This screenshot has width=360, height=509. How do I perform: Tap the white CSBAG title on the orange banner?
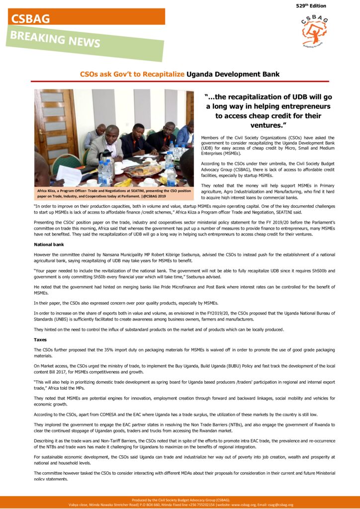pos(31,19)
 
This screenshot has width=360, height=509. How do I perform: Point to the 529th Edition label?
pos(311,5)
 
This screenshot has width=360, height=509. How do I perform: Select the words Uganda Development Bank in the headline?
pos(233,74)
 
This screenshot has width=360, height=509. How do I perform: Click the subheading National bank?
pos(49,244)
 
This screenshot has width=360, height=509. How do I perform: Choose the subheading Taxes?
pos(41,339)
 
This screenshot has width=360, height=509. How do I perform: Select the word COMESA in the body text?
pos(110,414)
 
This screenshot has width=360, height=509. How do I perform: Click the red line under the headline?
pos(180,81)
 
